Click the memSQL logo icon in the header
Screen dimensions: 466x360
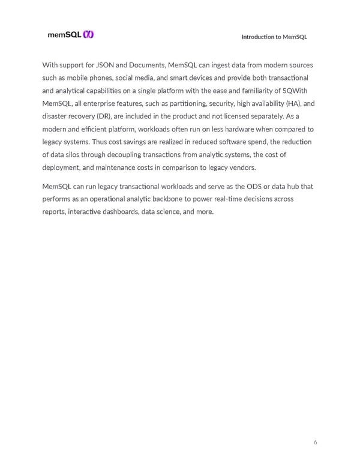pyautogui.click(x=88, y=35)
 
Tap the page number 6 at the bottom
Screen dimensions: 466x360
pyautogui.click(x=316, y=443)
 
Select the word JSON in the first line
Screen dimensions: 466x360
pyautogui.click(x=106, y=65)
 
